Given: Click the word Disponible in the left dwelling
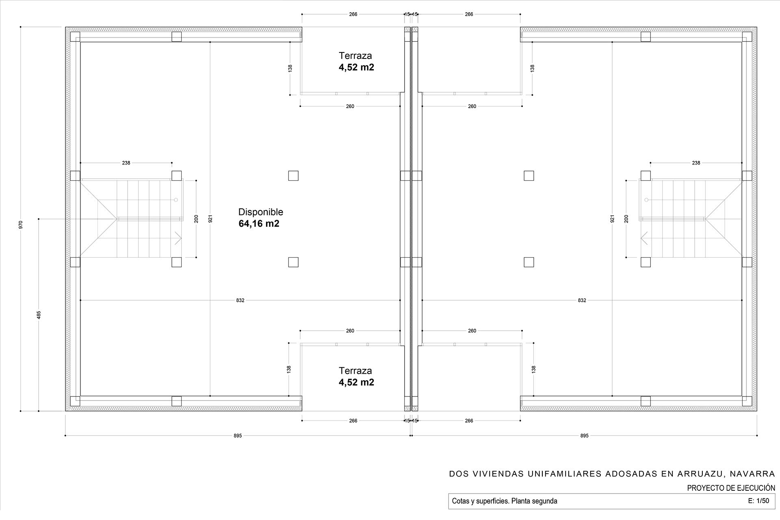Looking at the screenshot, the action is [260, 212].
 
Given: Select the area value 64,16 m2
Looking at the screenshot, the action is [259, 223].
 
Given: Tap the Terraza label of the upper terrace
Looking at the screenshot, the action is [355, 56].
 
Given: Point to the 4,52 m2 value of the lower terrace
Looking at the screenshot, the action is [356, 382].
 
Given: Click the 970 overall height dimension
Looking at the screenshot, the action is [21, 224].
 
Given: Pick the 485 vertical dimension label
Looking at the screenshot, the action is [39, 315].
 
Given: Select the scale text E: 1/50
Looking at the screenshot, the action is [758, 501].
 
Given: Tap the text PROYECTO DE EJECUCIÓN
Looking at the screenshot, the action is [731, 488].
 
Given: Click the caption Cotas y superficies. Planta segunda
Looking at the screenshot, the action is [505, 501].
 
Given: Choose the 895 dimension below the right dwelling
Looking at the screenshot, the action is [584, 436].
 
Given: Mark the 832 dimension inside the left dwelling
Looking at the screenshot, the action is [240, 300].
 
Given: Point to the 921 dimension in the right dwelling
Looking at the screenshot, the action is [612, 219].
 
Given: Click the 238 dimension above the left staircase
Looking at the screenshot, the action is [126, 163].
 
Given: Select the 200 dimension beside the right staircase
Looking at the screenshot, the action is [626, 219].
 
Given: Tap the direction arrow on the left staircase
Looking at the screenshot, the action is [178, 238].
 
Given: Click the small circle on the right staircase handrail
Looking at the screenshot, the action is [646, 200].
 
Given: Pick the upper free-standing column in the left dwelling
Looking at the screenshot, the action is [293, 175].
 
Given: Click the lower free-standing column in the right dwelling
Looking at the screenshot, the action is [529, 262].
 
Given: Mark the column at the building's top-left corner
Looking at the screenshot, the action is [75, 37].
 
